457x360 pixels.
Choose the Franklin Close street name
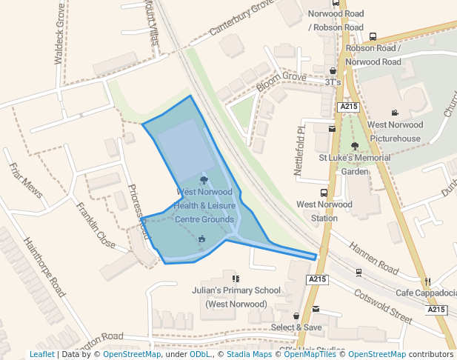coord(96,224)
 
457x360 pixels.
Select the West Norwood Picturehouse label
coord(395,131)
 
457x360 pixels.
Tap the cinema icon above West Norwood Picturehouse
coord(395,113)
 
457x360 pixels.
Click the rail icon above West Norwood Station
coord(324,193)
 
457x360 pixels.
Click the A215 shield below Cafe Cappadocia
coord(438,309)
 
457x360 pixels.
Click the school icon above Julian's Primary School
coord(236,279)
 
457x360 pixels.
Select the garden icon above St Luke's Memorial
coord(355,146)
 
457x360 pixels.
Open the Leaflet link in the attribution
coord(41,354)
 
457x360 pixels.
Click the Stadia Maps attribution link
coord(251,354)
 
